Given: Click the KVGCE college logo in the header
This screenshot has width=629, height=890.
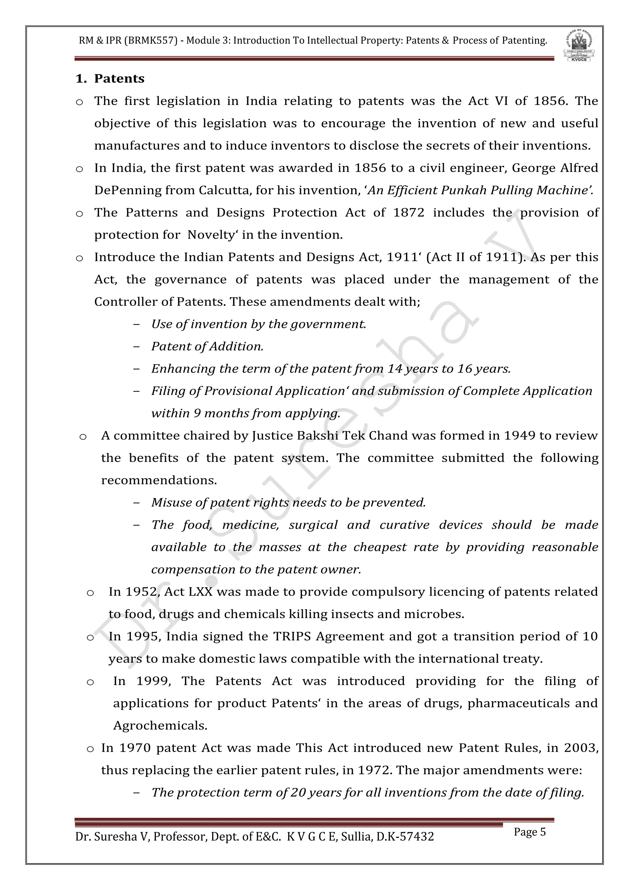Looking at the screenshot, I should (579, 45).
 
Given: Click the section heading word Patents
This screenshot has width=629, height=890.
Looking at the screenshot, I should (119, 79).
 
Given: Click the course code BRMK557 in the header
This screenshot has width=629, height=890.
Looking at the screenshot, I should (151, 40).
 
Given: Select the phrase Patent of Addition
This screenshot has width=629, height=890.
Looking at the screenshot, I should (207, 346).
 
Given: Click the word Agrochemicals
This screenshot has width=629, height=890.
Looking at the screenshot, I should (160, 726).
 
